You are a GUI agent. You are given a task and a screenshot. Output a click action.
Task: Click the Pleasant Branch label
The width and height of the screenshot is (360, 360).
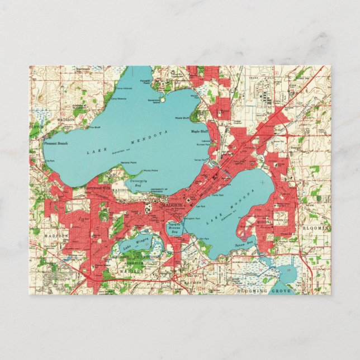click(x=55, y=144)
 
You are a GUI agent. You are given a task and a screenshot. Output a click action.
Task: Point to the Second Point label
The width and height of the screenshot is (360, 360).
click(x=129, y=163)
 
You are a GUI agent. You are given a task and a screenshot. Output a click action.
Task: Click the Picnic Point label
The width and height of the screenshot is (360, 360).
click(x=151, y=170)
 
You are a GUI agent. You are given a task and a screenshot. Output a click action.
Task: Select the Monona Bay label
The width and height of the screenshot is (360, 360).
click(x=176, y=228)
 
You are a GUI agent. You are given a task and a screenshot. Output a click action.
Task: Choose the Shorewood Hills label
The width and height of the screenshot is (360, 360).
click(x=98, y=188)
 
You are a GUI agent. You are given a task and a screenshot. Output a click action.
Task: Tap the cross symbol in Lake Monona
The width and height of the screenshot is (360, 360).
click(x=262, y=182)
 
